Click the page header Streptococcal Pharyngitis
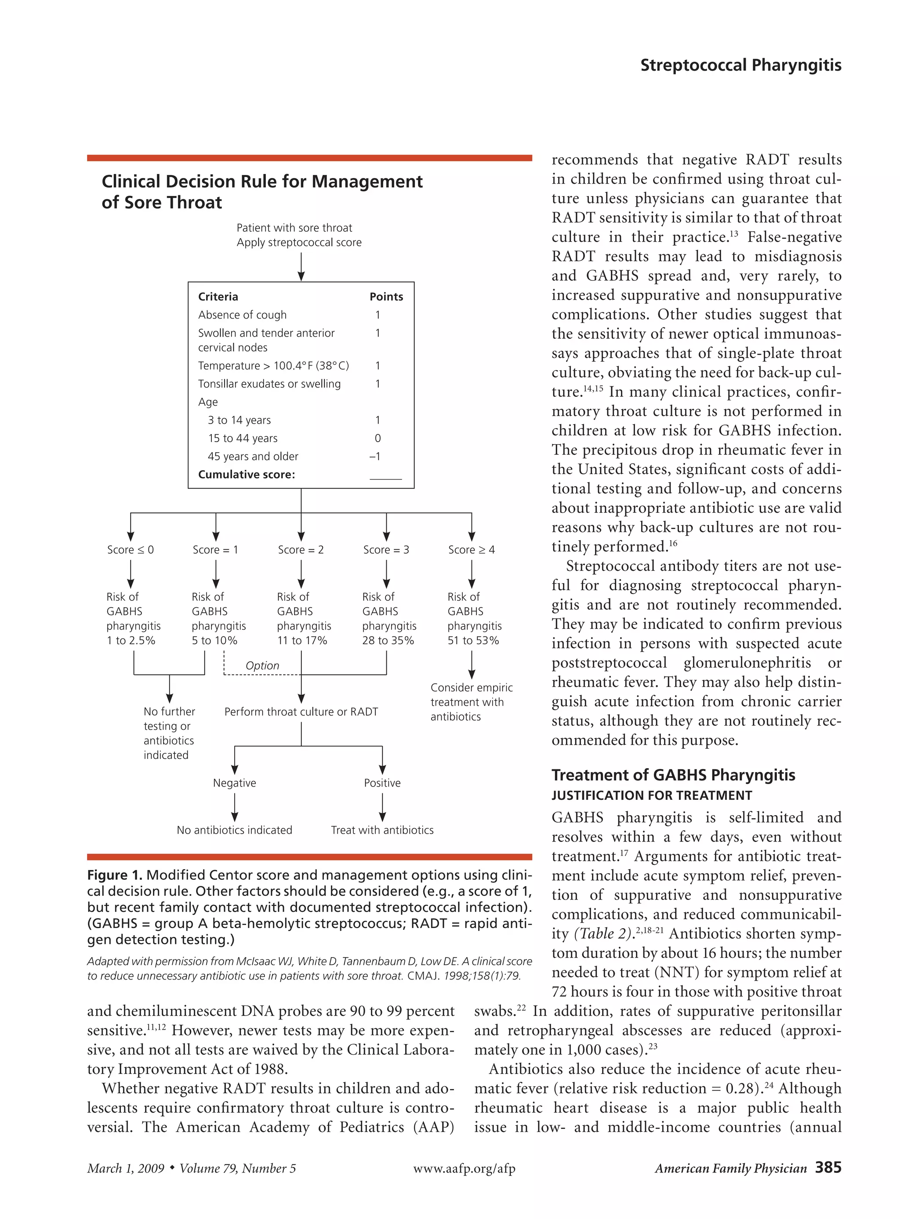[740, 65]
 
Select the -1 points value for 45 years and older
[375, 457]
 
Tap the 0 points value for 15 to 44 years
[377, 439]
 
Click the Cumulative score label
[246, 475]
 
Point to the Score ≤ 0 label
[130, 550]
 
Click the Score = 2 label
[301, 550]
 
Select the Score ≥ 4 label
[471, 550]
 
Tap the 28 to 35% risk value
[388, 641]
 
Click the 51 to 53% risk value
[473, 641]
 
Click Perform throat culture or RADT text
[301, 712]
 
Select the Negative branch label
[234, 783]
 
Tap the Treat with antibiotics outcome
[382, 830]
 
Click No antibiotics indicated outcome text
[234, 830]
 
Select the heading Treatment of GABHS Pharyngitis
[673, 775]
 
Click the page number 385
[828, 1167]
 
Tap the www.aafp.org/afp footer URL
[464, 1168]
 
